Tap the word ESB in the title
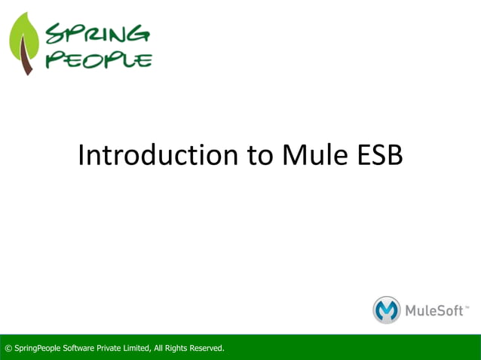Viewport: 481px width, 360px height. [x=378, y=155]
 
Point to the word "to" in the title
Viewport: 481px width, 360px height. [x=259, y=155]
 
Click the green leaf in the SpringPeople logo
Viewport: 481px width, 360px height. [x=23, y=38]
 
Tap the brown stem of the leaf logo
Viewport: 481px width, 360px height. [x=28, y=60]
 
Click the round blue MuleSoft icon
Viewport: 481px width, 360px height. [x=387, y=310]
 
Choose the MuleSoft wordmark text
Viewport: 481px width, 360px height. [x=434, y=310]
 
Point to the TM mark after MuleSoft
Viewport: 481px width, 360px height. [x=467, y=306]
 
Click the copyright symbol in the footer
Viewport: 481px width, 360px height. [x=8, y=348]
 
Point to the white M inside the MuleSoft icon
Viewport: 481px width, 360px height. [x=387, y=310]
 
